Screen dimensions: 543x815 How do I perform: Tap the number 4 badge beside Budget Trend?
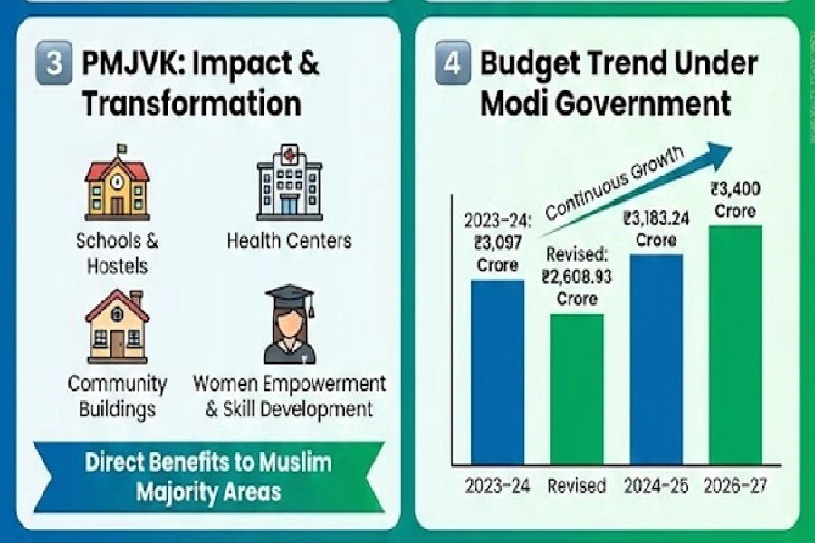pos(452,66)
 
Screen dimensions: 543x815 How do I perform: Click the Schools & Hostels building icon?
pos(116,184)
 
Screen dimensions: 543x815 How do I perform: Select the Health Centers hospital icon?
pos(289,182)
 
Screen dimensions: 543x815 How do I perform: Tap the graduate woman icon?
pos(289,325)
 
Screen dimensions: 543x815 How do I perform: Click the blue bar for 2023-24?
pos(497,371)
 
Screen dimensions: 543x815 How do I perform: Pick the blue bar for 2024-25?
pos(656,357)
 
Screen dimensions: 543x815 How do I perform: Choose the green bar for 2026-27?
pos(734,344)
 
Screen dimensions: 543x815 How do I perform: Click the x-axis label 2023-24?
pos(497,486)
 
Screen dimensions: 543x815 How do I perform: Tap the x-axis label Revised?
pos(577,486)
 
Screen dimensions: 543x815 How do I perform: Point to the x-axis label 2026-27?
pos(734,486)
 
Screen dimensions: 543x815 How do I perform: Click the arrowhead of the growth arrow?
pos(744,151)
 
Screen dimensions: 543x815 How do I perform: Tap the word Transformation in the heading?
pos(191,102)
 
